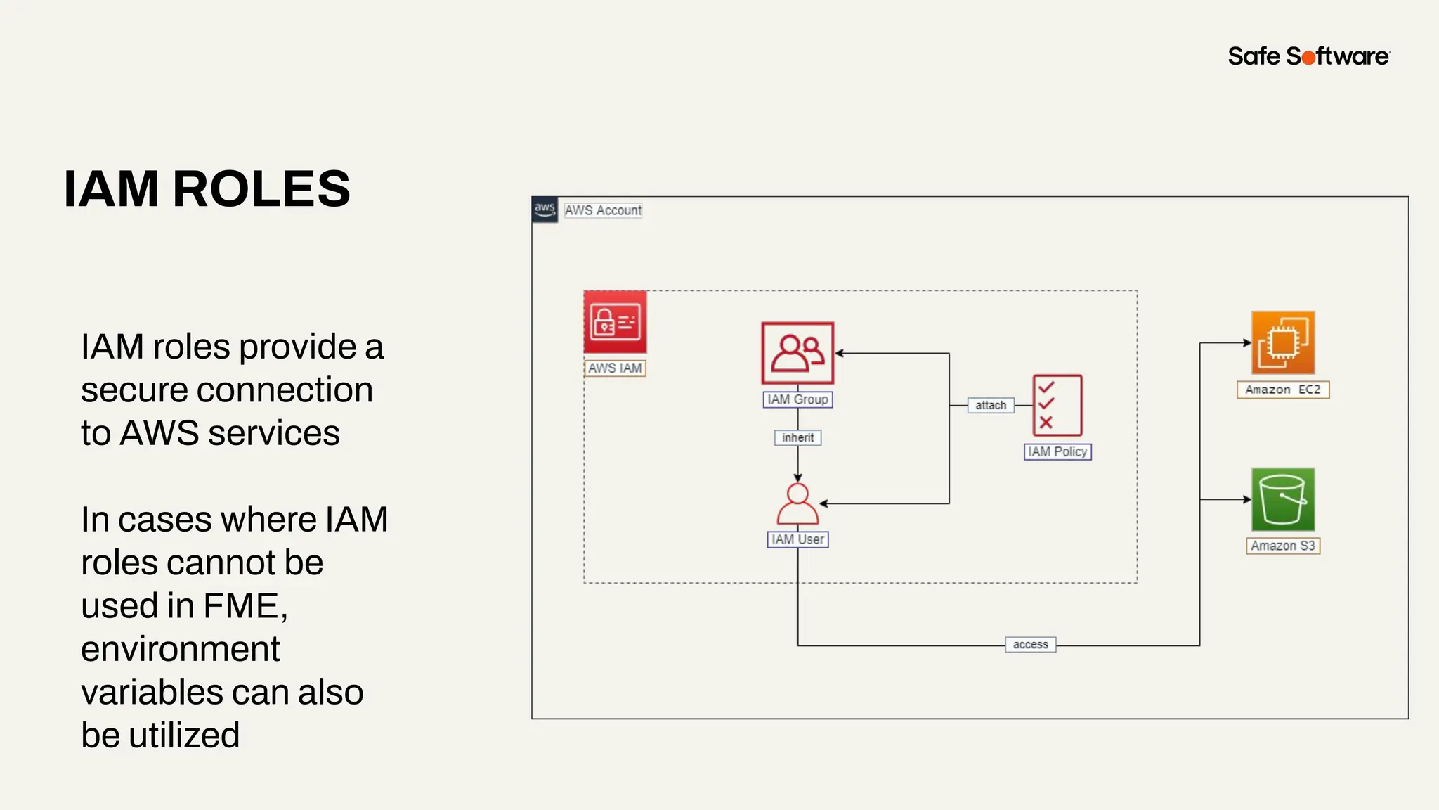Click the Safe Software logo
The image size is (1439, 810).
click(x=1308, y=56)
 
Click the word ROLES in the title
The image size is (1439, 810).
click(x=261, y=189)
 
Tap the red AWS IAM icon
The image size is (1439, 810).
click(x=615, y=322)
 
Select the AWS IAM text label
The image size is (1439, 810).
click(x=615, y=368)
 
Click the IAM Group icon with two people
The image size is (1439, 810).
click(x=797, y=353)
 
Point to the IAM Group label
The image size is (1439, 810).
click(x=797, y=399)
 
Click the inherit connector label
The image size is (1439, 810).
click(x=797, y=437)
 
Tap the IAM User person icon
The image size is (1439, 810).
click(x=797, y=504)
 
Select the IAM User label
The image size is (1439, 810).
click(x=797, y=539)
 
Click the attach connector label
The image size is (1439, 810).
click(x=991, y=405)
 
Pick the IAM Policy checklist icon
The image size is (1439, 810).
click(x=1057, y=406)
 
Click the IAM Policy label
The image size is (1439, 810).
click(x=1057, y=451)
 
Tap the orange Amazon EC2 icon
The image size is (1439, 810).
click(x=1282, y=343)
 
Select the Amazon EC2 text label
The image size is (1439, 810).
click(x=1282, y=390)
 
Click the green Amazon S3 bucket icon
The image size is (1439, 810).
click(x=1282, y=499)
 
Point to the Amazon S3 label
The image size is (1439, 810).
click(x=1282, y=546)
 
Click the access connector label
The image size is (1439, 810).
click(x=1030, y=645)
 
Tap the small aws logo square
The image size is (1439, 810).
click(x=545, y=210)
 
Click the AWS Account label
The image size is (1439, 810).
click(x=603, y=210)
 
